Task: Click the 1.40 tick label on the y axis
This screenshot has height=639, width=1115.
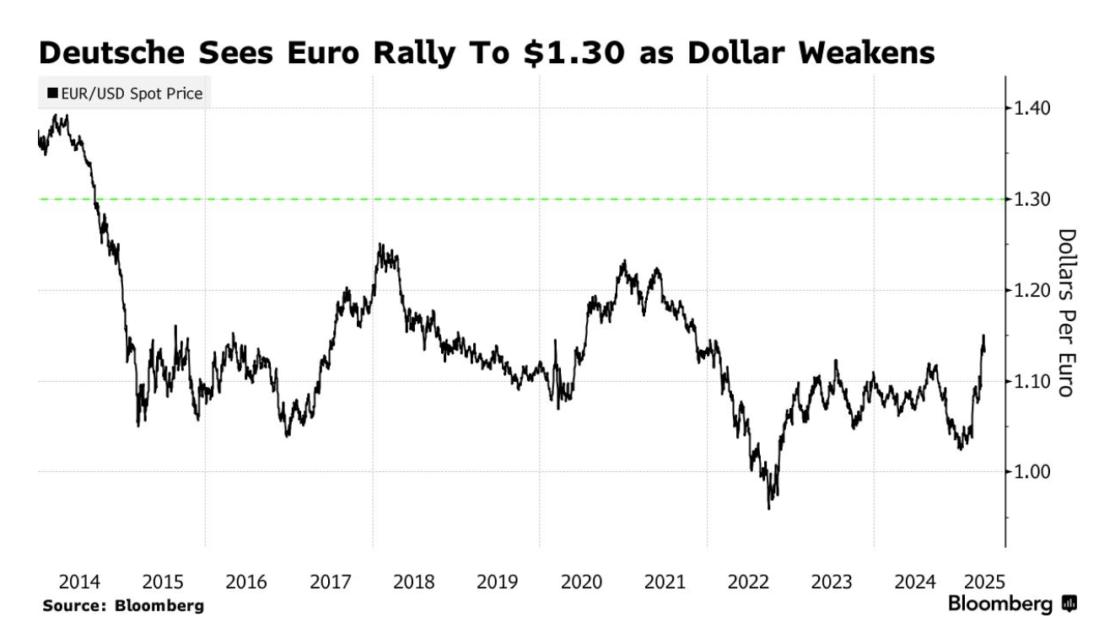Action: click(1033, 108)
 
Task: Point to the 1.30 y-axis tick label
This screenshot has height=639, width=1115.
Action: click(1033, 199)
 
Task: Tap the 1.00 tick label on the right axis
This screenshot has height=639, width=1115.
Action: click(1033, 472)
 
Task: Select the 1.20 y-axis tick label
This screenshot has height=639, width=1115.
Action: click(1033, 290)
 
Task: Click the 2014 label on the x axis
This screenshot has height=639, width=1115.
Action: click(80, 582)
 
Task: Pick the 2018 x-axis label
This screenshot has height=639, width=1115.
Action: click(414, 582)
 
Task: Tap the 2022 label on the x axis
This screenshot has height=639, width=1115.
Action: click(748, 582)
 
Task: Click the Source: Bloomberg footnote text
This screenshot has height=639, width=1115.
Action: click(123, 605)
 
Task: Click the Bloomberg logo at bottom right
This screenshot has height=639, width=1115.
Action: click(1013, 604)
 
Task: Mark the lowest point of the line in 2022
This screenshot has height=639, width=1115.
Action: click(769, 508)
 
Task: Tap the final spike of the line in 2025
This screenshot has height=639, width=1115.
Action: click(983, 336)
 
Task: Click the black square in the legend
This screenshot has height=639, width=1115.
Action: click(52, 94)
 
